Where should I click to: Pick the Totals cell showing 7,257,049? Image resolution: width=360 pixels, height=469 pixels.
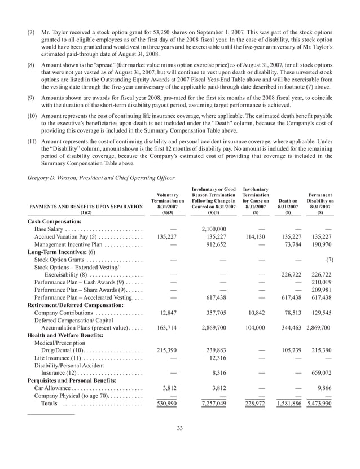[211, 405]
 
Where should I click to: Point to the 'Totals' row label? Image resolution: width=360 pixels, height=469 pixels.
[53, 405]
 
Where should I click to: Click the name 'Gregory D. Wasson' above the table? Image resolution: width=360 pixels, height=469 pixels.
[53, 177]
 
